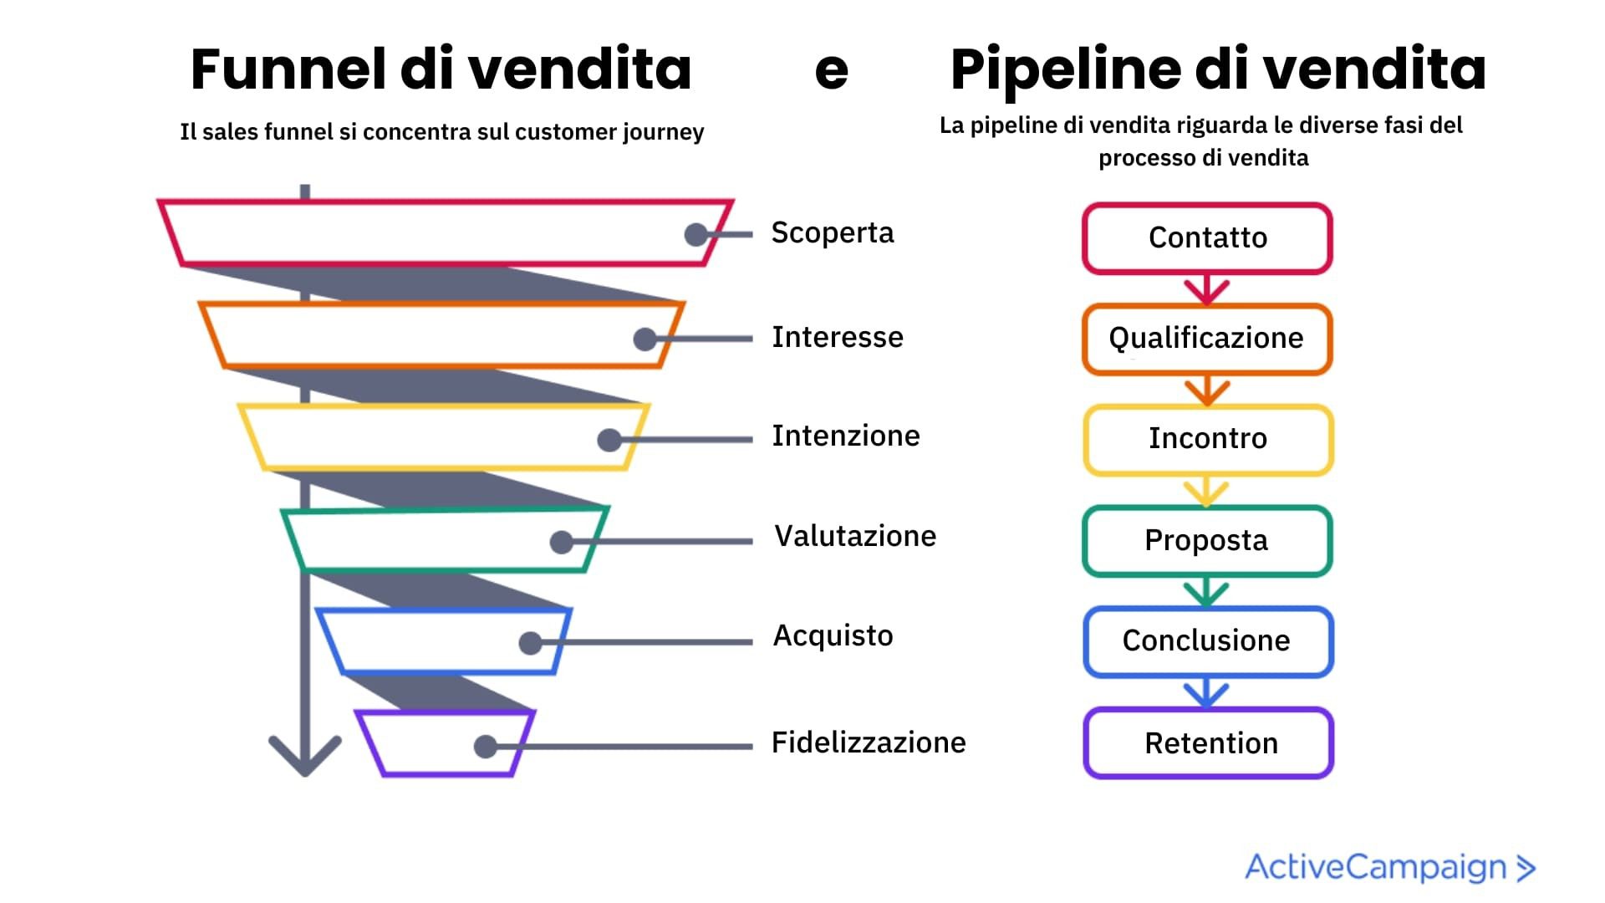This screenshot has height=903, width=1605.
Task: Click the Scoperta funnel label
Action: click(832, 233)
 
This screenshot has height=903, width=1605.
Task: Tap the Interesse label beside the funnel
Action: click(837, 337)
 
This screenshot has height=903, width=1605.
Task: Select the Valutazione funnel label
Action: click(854, 536)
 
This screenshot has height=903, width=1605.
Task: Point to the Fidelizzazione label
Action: click(868, 742)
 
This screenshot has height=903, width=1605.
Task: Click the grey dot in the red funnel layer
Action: click(695, 235)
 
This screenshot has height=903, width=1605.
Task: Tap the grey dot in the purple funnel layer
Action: click(485, 747)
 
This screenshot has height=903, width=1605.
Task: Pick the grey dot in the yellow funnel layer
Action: click(609, 440)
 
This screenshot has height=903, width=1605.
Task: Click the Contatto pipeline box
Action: click(1207, 238)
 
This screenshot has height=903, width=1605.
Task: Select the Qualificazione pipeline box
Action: click(1206, 339)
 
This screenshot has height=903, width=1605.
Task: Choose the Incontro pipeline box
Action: click(1207, 439)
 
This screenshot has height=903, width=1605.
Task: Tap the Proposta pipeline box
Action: click(1206, 540)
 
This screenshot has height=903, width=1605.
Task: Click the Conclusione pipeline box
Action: click(1206, 641)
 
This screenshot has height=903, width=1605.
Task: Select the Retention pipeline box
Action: click(1209, 743)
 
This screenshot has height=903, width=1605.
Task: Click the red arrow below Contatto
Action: click(1206, 289)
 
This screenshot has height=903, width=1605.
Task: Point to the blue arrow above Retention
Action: click(1206, 693)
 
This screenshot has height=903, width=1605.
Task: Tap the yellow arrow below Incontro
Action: click(1206, 492)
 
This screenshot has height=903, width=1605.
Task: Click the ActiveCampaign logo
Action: click(1390, 867)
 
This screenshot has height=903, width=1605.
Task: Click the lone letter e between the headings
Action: click(831, 72)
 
